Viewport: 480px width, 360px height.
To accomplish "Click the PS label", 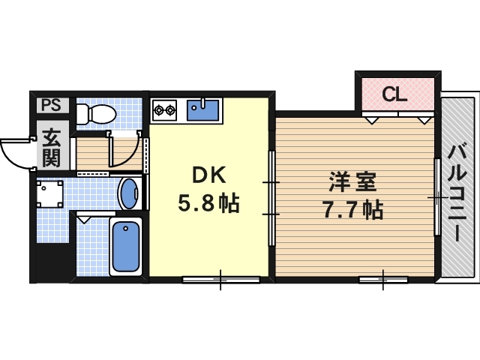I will coord(50,104).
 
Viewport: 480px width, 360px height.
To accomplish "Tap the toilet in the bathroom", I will coord(94,114).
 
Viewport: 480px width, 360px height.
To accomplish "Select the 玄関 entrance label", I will coord(52,148).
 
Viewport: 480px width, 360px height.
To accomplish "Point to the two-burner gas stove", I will coord(165,112).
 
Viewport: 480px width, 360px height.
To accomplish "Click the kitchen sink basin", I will coord(202,111).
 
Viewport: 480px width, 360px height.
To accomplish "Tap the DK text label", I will coord(210,175).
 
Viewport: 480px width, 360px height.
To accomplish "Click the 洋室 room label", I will coord(352,181).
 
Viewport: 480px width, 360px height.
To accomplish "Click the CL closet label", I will coord(394,94).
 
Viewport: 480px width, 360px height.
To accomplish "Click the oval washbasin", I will coord(129,193).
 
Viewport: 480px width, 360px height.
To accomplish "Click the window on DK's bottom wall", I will coord(220,279).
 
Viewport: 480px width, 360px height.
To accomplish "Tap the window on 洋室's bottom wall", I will coord(382,280).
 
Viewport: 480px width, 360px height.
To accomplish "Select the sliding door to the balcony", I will coord(436,196).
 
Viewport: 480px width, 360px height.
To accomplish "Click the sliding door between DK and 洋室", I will coord(272,197).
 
